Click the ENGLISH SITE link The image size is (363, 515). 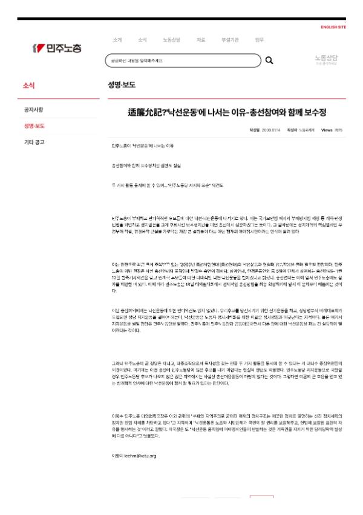point(333,27)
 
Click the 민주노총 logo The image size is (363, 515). point(57,48)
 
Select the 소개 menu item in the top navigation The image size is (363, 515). point(117,40)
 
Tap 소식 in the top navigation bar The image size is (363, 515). point(142,40)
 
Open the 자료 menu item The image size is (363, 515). point(201,40)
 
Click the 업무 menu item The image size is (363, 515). point(260,40)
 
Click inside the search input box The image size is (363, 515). point(181,61)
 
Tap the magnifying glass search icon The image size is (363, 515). point(269,61)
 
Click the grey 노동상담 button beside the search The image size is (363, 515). point(327,59)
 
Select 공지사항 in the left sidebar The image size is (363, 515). point(33,110)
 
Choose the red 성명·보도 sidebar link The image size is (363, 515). point(34,126)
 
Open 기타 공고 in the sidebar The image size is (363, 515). point(34,142)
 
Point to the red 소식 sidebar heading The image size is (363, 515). point(28,85)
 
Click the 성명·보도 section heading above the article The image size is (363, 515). point(122,85)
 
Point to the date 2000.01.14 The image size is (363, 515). point(271,130)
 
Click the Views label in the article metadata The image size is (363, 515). point(327,130)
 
